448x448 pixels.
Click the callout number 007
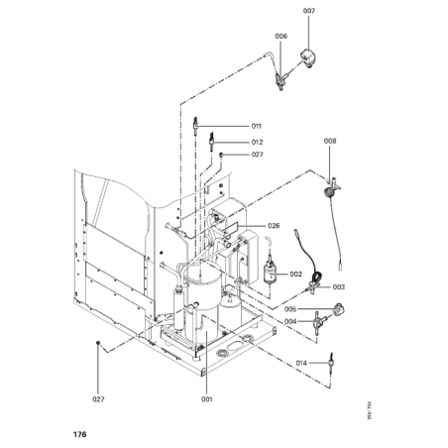pos(309,11)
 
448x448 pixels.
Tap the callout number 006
pos(281,37)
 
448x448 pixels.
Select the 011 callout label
pos(256,127)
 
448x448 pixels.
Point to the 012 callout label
pos(256,142)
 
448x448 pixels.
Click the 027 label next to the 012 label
pos(256,155)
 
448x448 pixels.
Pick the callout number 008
pos(330,142)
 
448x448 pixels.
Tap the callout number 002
pos(295,275)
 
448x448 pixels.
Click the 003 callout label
pos(339,286)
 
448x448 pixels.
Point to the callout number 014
pos(300,364)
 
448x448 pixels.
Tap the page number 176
pos(79,434)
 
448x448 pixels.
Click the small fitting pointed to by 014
pos(330,363)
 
